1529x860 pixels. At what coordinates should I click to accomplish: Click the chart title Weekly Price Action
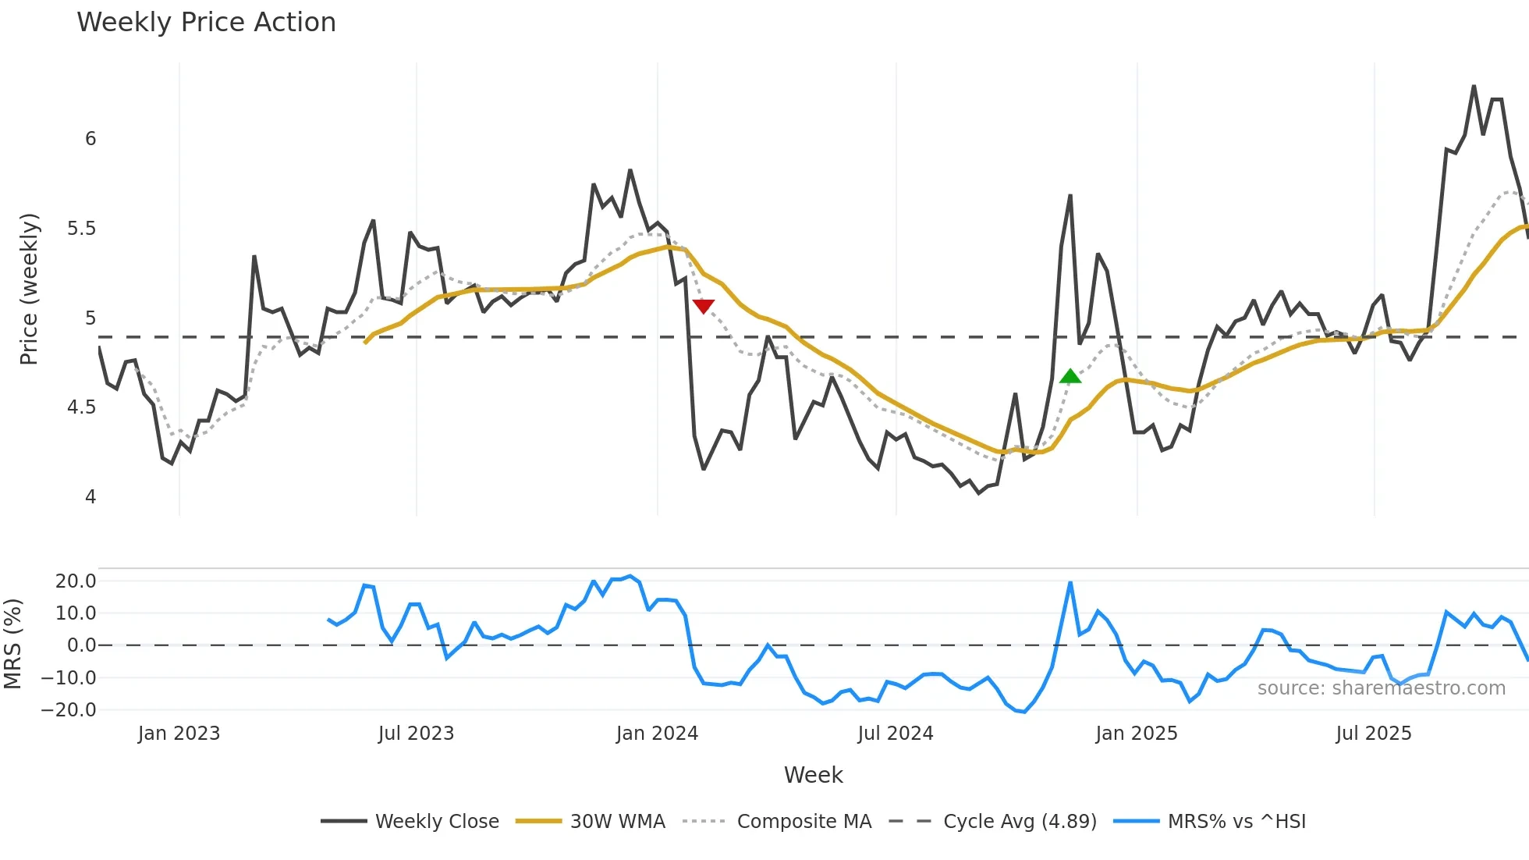206,23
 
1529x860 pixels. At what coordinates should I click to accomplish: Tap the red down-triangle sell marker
703,306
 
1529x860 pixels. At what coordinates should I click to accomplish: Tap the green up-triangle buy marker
1070,377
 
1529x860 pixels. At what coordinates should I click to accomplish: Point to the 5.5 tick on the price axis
81,229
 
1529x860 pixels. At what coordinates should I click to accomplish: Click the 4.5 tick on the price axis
81,407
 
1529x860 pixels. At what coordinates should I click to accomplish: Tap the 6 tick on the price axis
90,139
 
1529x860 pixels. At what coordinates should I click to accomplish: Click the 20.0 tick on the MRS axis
76,581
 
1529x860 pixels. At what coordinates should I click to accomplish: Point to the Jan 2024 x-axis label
657,734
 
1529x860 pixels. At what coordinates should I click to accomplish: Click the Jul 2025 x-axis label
1373,734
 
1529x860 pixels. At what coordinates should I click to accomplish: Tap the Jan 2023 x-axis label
179,734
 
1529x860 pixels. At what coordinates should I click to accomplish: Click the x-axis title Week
813,775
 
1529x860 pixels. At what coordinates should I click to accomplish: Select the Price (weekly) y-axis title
29,289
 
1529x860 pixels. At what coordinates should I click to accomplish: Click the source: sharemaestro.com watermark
1381,688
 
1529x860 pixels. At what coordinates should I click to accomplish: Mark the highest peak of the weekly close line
1474,86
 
